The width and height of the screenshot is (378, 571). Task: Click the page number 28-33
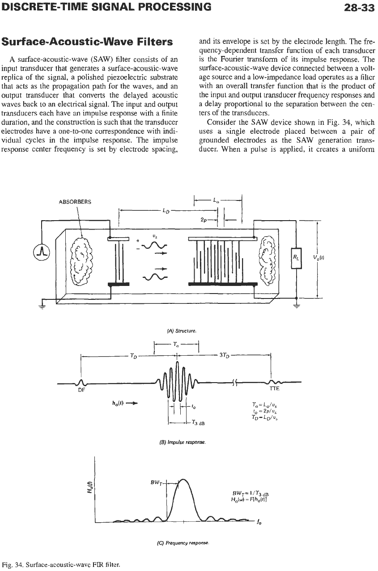point(359,7)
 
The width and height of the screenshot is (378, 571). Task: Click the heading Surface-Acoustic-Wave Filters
point(87,42)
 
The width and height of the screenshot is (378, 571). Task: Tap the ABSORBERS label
point(75,202)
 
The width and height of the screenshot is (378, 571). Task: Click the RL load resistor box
point(296,258)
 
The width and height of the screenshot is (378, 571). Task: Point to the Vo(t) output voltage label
point(319,257)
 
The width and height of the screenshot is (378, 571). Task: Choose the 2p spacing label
point(204,220)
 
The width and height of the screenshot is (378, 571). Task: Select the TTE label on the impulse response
point(274,389)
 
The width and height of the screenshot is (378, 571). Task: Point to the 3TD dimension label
point(224,355)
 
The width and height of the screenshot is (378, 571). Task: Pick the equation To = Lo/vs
point(264,405)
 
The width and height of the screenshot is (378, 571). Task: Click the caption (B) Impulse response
point(182,442)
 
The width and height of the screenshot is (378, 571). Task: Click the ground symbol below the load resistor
point(297,306)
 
